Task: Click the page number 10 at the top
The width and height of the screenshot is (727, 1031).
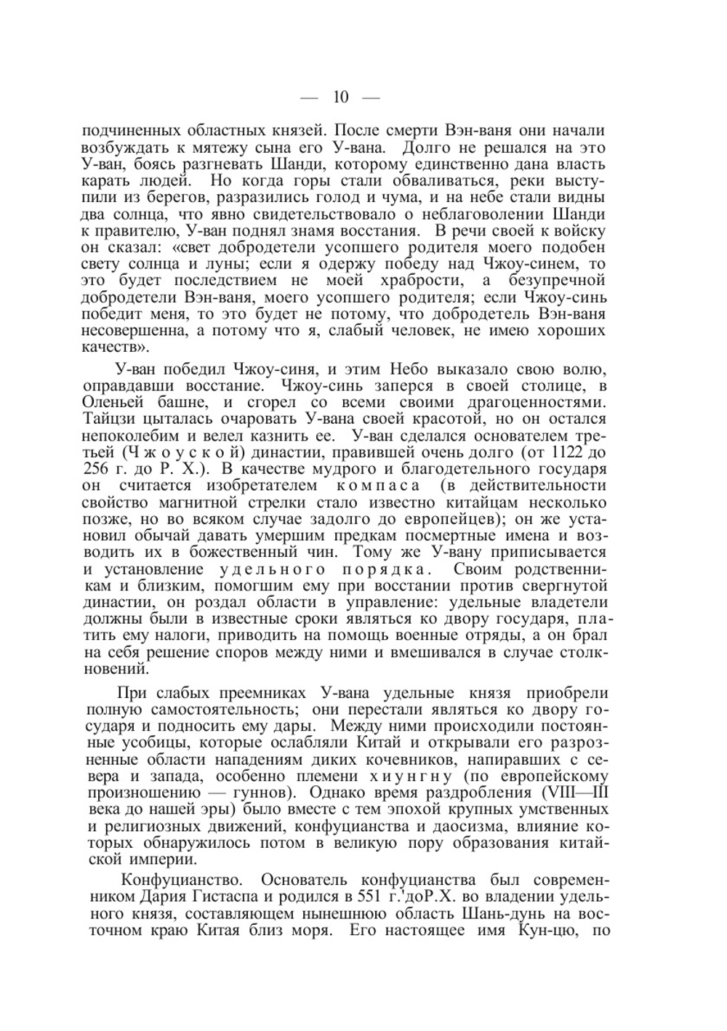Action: (x=341, y=97)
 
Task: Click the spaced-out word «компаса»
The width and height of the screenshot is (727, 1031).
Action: (x=378, y=485)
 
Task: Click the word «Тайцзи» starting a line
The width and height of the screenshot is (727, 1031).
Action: (x=108, y=419)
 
